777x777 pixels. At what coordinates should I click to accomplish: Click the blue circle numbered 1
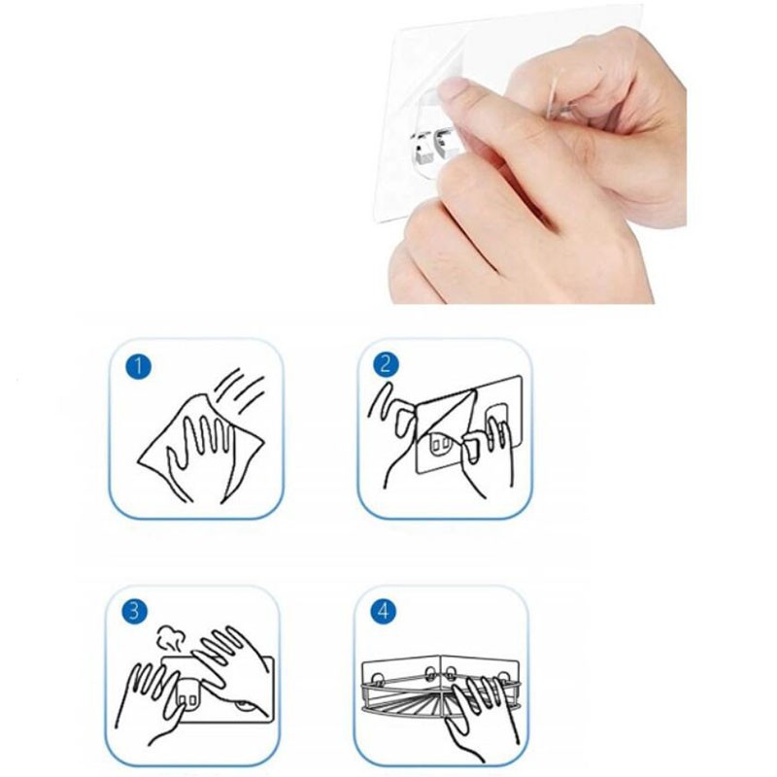point(138,367)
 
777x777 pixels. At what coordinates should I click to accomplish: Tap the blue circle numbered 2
point(386,365)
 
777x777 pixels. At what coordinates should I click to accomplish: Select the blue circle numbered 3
point(134,612)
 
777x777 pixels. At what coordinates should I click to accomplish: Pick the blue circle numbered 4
point(384,612)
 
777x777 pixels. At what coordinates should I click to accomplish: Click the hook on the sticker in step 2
point(440,445)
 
